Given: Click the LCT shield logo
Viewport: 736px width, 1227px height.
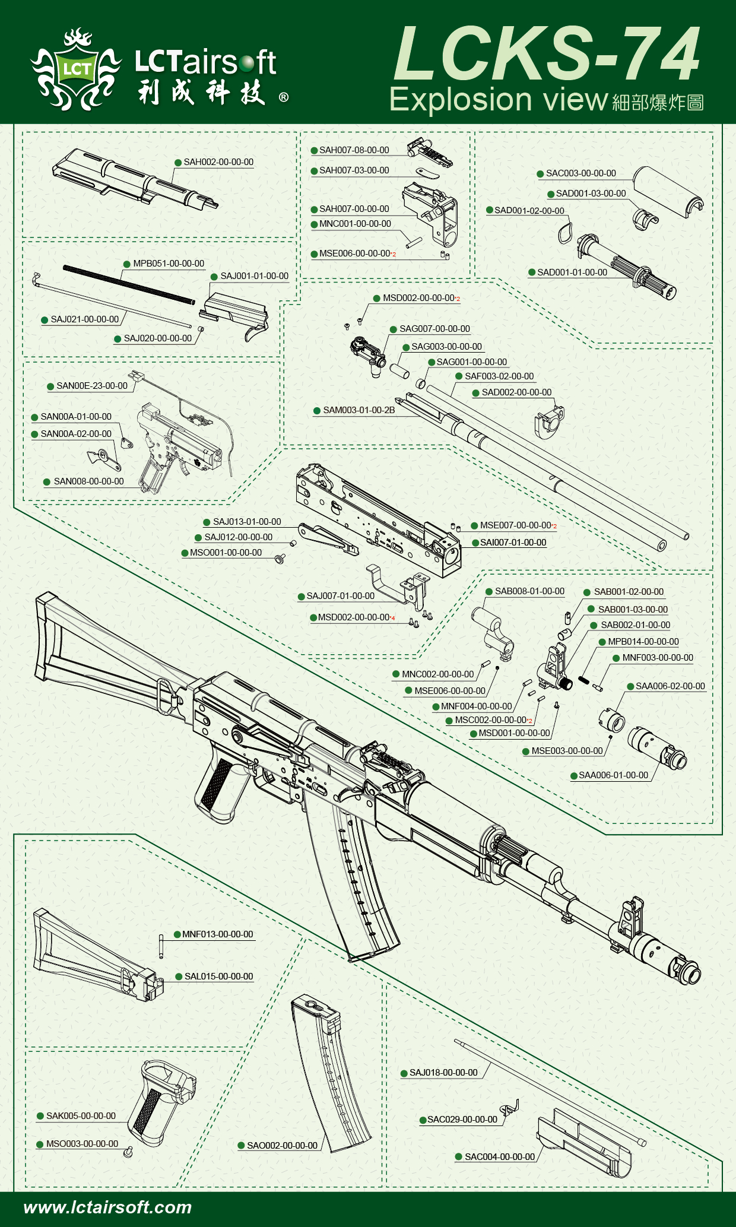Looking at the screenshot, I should [76, 69].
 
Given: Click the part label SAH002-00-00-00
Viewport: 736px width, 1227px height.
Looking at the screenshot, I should [218, 162].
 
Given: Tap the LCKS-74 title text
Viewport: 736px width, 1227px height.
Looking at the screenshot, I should [547, 55].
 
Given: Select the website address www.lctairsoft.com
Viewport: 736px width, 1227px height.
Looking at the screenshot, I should [107, 1207].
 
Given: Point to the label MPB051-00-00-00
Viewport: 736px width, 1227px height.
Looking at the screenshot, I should [168, 264].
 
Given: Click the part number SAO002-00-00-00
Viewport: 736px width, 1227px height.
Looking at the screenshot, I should [282, 1146].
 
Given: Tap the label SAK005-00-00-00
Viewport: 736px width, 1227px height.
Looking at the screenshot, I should [81, 1116].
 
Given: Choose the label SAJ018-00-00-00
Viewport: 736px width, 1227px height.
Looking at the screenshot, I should [443, 1073].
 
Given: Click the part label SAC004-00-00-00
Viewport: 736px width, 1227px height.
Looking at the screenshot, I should [499, 1157].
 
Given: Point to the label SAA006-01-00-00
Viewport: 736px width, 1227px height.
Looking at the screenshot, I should [613, 775].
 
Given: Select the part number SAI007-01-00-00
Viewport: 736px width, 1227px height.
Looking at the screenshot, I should [513, 543].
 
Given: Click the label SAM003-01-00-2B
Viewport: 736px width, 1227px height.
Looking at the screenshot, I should [359, 410].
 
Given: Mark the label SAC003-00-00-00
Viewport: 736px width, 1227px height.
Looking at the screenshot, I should [580, 173].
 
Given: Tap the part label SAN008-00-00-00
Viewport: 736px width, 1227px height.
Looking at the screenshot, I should [88, 481].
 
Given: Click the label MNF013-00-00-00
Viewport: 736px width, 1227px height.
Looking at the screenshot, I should [217, 934].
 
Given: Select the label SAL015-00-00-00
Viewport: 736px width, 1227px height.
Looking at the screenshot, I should [218, 976].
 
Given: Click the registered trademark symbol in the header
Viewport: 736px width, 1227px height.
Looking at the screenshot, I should [284, 97].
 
